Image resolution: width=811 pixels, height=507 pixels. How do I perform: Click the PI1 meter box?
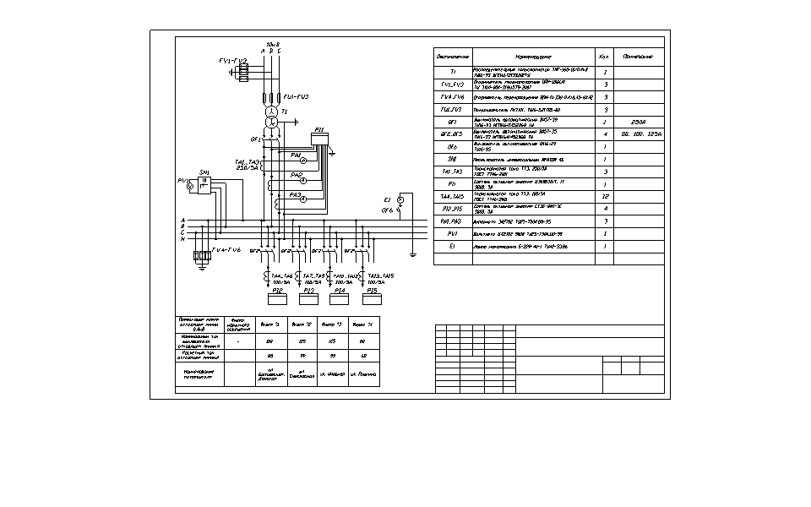point(318,138)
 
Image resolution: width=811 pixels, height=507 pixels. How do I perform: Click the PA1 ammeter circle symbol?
point(302,160)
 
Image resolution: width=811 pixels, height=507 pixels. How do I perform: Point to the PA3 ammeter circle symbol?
point(302,199)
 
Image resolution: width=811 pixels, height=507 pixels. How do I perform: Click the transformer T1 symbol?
point(271,117)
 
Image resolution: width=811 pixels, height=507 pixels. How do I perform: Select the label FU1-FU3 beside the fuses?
point(297,97)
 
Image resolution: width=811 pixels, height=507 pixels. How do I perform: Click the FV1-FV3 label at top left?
point(232,61)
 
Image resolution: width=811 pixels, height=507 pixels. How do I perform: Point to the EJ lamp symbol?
point(400,200)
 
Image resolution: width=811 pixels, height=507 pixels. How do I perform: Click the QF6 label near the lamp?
point(389,210)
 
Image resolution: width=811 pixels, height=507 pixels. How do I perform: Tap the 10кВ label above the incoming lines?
point(272,44)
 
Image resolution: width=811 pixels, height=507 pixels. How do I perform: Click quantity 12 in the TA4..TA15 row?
point(606,196)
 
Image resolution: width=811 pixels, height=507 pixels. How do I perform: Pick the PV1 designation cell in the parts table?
point(453,233)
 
